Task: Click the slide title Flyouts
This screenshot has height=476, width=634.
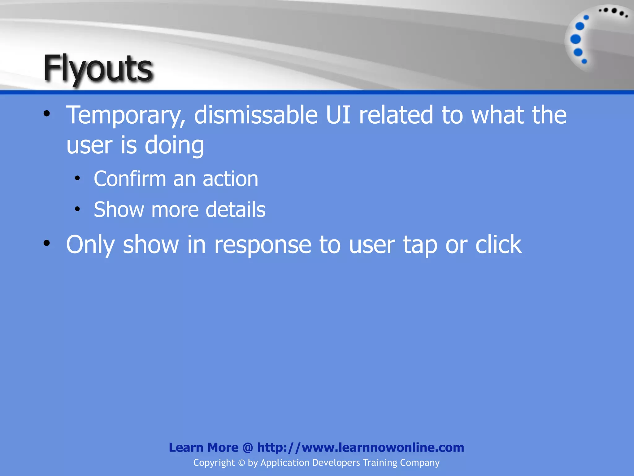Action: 98,68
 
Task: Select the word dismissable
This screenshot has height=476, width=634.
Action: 256,115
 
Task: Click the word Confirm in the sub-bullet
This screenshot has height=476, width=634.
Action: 130,179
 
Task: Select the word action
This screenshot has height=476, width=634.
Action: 230,179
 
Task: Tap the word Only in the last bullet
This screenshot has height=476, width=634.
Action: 90,245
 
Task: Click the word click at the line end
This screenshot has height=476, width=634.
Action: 498,244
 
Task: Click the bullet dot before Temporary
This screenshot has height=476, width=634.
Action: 46,114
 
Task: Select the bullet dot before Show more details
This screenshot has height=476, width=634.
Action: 77,209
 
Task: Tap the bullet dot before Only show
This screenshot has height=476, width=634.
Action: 46,243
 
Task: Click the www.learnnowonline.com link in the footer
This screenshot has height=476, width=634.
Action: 383,447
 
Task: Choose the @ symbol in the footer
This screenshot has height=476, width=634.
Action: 248,448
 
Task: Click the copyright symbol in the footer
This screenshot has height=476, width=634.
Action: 241,463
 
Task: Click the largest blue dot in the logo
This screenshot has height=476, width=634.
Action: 575,39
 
